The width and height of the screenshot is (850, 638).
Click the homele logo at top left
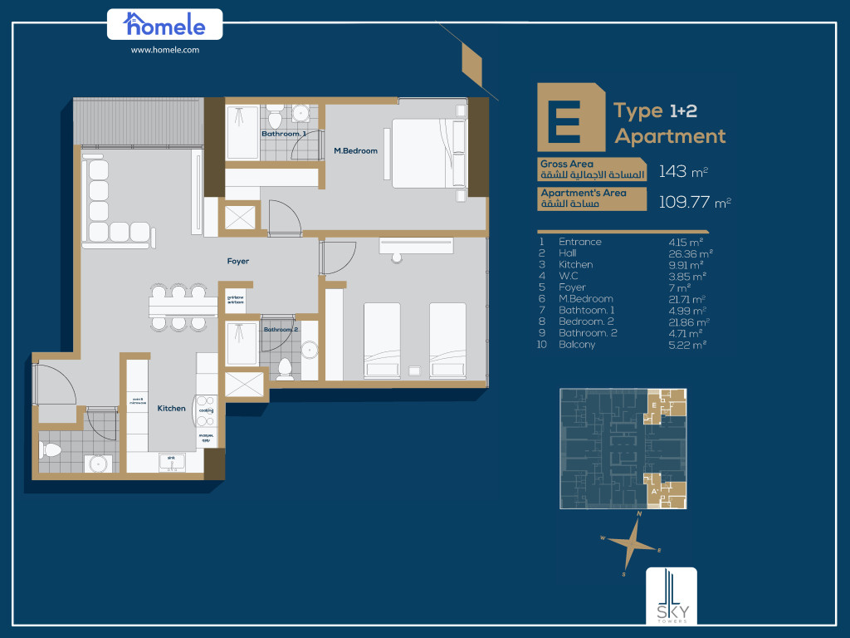tap(164, 24)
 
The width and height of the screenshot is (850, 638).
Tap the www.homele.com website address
tap(164, 50)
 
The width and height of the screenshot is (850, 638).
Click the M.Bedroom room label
tap(355, 151)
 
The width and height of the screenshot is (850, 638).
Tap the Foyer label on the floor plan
tap(237, 262)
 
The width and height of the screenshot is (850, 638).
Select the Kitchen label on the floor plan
tap(171, 409)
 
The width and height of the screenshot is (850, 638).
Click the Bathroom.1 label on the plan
tap(283, 134)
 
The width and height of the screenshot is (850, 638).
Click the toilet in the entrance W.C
tap(51, 450)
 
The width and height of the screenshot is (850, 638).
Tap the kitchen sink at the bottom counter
tap(172, 463)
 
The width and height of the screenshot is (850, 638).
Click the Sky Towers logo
tap(672, 596)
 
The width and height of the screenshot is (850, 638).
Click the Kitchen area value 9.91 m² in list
tap(686, 265)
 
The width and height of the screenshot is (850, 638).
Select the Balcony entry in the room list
tap(576, 345)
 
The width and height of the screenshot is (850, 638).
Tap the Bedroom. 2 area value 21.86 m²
tap(691, 321)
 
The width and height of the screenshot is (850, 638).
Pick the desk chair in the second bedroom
tap(397, 258)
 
